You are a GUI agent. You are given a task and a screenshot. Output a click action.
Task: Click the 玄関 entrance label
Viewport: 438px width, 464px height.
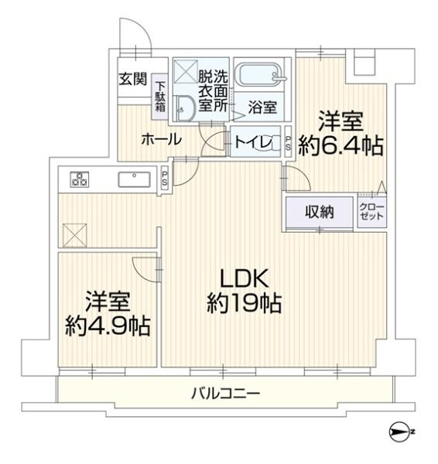[130, 78]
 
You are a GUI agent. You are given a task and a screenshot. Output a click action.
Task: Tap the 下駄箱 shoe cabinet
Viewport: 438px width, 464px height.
[160, 97]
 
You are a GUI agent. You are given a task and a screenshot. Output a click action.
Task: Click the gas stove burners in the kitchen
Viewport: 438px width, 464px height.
[78, 179]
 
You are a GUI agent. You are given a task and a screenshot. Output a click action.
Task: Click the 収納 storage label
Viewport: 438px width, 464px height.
[318, 211]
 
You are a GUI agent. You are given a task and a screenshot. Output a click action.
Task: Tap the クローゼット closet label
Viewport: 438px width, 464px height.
[371, 211]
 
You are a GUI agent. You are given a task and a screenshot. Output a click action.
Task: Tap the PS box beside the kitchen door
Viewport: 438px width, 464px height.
[165, 177]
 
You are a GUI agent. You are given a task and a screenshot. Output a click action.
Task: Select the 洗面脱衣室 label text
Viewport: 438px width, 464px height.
[211, 91]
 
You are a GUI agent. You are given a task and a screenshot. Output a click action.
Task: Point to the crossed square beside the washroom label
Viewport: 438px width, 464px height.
[185, 74]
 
